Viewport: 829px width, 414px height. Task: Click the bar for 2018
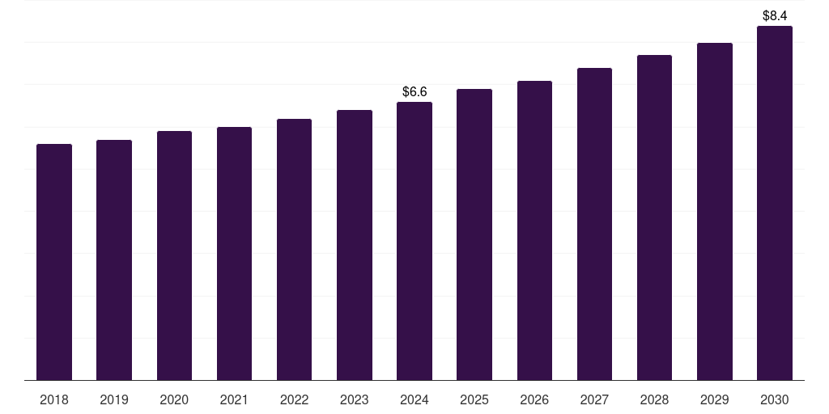54,262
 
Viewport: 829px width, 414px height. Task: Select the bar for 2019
114,260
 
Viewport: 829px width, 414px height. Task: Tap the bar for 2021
234,253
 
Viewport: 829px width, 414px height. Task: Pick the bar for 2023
355,245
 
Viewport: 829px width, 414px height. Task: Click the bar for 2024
414,241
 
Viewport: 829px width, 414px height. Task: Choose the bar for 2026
534,230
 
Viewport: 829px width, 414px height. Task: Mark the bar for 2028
654,218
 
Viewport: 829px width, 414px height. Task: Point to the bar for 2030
775,203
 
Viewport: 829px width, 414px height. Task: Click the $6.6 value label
414,92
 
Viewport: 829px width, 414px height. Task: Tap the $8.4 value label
775,15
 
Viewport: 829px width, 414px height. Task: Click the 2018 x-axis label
54,399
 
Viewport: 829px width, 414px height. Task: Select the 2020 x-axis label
174,399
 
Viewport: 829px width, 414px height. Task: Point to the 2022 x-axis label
294,399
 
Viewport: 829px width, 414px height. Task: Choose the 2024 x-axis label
414,399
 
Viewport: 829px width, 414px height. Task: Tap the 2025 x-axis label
474,399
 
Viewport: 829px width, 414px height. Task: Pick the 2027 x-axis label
594,399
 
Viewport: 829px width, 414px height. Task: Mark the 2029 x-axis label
715,399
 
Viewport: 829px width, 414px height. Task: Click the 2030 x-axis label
775,399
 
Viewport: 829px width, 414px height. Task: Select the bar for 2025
474,234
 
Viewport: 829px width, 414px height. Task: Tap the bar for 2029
715,211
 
